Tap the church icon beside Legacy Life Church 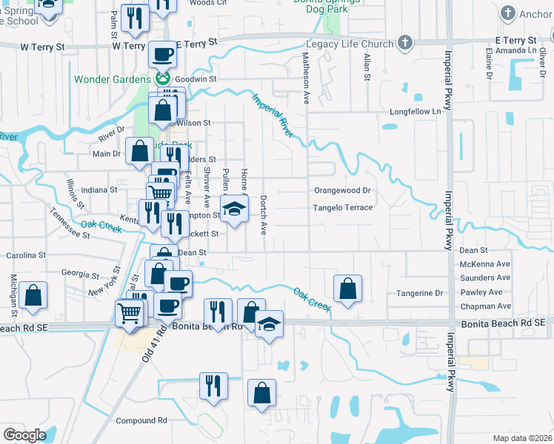coord(404,43)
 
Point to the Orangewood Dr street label coord(341,190)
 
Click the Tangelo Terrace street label coord(342,208)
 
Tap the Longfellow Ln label coord(410,112)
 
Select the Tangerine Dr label coord(419,293)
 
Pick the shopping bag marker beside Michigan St coord(33,296)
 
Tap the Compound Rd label coord(141,420)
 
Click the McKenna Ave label coord(484,264)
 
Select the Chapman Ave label coord(484,306)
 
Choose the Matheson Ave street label coord(304,77)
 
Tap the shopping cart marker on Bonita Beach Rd coord(130,313)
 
